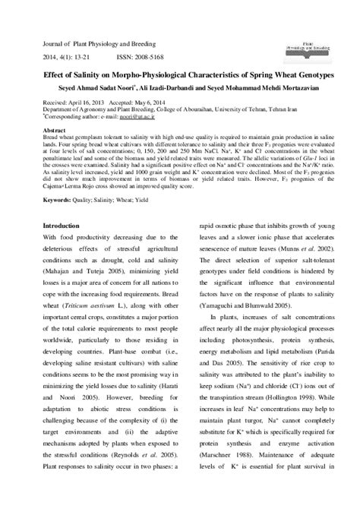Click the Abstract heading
coord(55,129)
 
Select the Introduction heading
coord(66,227)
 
